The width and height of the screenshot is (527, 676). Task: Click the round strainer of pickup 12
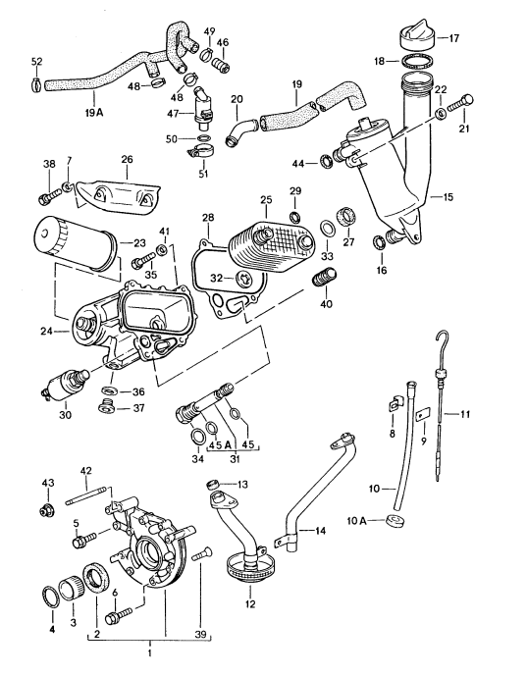point(247,566)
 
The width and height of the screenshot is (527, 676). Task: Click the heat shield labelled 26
point(118,192)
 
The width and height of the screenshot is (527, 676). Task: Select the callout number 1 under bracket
point(150,651)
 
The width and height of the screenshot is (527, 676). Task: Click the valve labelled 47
point(204,103)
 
